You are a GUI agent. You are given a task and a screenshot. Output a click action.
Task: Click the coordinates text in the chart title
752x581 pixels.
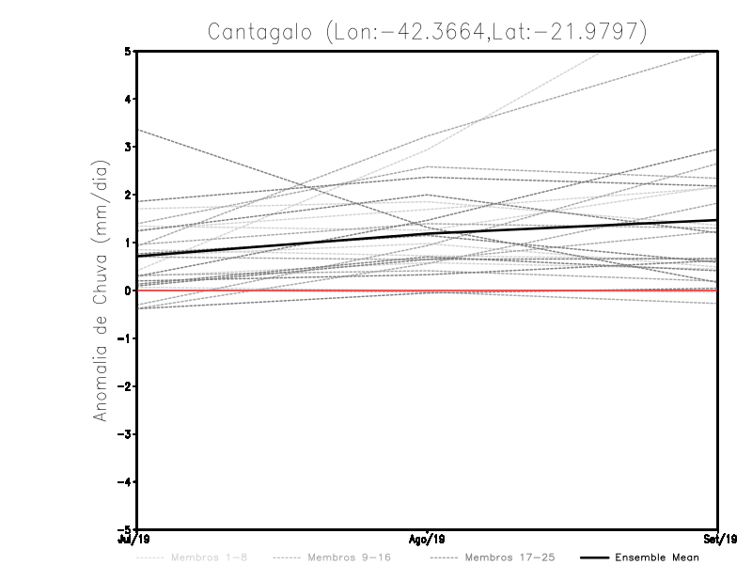tap(484, 31)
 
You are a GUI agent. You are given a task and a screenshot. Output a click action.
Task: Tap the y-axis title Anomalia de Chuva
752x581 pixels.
tap(100, 291)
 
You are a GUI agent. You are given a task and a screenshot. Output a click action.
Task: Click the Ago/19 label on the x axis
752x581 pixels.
tap(428, 540)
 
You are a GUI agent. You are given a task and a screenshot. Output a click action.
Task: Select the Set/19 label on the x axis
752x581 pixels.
tap(718, 540)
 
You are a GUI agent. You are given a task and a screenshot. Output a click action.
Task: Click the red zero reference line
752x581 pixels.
tap(564, 290)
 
